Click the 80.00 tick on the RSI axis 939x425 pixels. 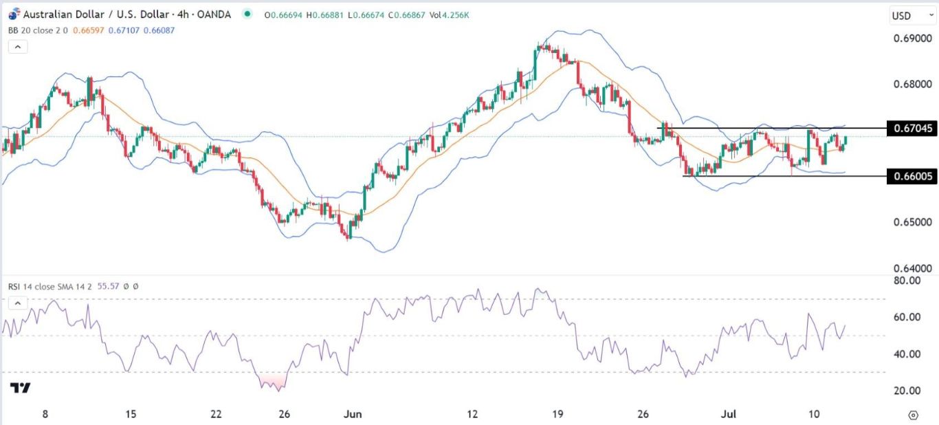pos(905,281)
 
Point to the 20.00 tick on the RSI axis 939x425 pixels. pos(905,391)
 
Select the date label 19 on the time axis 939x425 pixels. pos(557,415)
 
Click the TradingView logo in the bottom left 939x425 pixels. pos(21,389)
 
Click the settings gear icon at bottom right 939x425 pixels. pos(913,415)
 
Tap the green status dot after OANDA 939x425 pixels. pos(247,14)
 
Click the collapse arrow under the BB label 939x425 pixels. pos(17,47)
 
